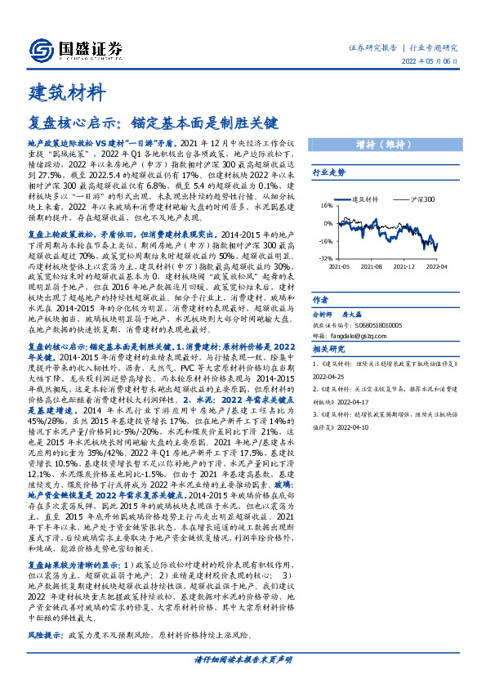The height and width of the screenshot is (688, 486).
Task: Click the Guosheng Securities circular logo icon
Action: click(x=39, y=48)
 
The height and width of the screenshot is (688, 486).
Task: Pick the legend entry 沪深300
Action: click(x=420, y=199)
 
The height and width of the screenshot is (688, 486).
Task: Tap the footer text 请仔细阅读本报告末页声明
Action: click(x=242, y=659)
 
